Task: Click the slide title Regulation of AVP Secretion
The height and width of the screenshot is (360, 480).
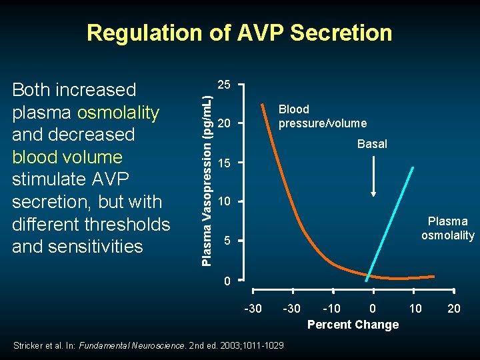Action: click(239, 33)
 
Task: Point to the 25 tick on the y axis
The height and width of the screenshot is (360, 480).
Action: click(225, 85)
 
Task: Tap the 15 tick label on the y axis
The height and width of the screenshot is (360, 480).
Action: click(225, 163)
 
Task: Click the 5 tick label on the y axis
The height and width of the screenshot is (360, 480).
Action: click(227, 241)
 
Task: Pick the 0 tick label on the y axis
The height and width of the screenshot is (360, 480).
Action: click(227, 281)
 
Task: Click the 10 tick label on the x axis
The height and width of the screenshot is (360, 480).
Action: click(415, 308)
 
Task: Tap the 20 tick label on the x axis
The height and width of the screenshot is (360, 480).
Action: click(454, 308)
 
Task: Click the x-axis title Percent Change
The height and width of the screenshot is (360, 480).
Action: click(353, 325)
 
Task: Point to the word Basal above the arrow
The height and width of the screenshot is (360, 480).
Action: click(372, 144)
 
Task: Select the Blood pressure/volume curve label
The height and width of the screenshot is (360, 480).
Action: click(323, 116)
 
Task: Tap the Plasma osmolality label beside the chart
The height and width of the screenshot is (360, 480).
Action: click(447, 228)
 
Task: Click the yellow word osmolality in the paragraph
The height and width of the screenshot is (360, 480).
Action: click(119, 113)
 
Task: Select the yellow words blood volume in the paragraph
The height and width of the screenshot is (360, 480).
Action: click(67, 157)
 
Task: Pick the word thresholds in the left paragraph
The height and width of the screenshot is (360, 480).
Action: click(129, 224)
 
